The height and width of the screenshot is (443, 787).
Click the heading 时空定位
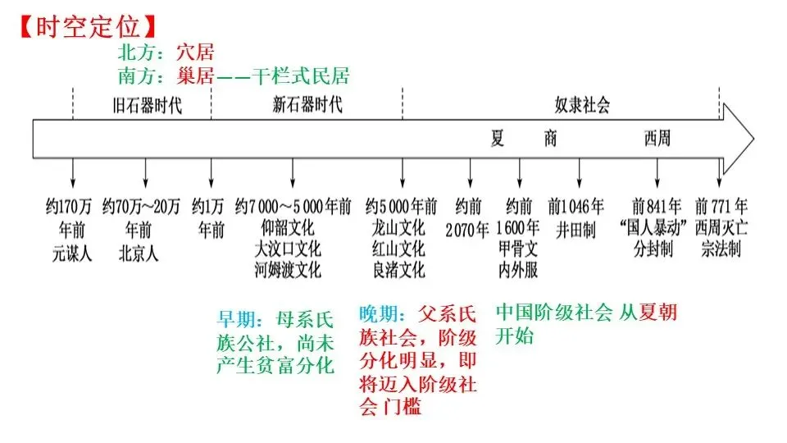(x=89, y=26)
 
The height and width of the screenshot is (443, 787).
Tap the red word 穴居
(x=195, y=53)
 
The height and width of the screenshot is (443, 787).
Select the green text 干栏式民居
(x=301, y=75)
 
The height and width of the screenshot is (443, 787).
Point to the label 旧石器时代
(x=147, y=106)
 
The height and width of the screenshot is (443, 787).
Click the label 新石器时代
(x=307, y=105)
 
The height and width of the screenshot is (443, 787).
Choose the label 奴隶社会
(x=582, y=105)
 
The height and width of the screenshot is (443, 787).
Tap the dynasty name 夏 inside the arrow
(x=497, y=138)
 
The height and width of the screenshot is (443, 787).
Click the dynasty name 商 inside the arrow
(x=551, y=138)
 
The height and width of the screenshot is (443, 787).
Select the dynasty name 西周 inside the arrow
(x=657, y=138)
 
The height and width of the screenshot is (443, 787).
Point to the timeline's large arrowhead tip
(x=753, y=139)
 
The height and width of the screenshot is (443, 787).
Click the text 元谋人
(x=72, y=253)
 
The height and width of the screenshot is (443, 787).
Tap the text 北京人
(x=139, y=253)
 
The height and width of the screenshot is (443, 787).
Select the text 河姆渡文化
(x=288, y=270)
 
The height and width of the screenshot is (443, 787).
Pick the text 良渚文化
(x=399, y=270)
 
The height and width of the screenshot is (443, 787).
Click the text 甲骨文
(x=518, y=249)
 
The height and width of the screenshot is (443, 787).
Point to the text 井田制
(x=575, y=231)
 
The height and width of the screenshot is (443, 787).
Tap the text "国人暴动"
(x=653, y=227)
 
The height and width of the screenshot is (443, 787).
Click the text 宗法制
(x=721, y=249)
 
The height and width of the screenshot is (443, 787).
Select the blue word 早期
(x=235, y=319)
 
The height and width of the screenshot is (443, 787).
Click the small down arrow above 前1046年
(x=580, y=173)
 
